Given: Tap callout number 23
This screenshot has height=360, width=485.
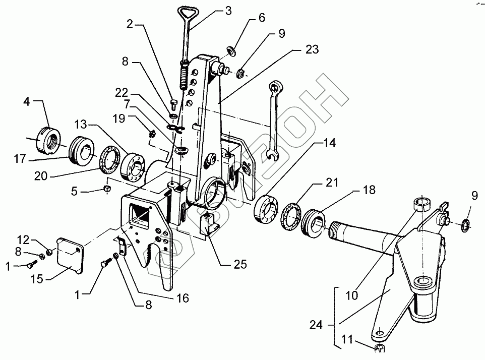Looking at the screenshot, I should click(312, 50).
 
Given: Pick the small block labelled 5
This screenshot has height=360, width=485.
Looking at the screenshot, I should click(107, 189).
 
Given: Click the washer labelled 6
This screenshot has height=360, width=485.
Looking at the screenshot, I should click(233, 51).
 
